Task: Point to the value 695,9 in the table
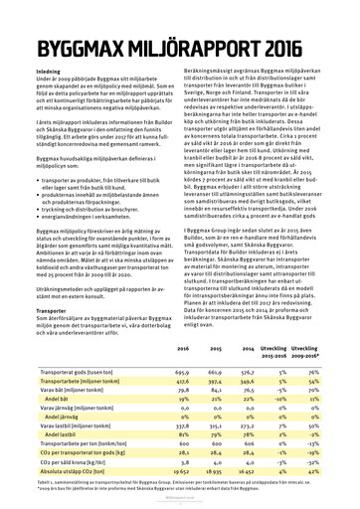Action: click(x=182, y=369)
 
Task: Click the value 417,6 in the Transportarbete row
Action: click(x=182, y=380)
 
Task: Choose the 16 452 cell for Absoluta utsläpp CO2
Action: click(x=246, y=489)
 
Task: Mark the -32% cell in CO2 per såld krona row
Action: click(x=320, y=478)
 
